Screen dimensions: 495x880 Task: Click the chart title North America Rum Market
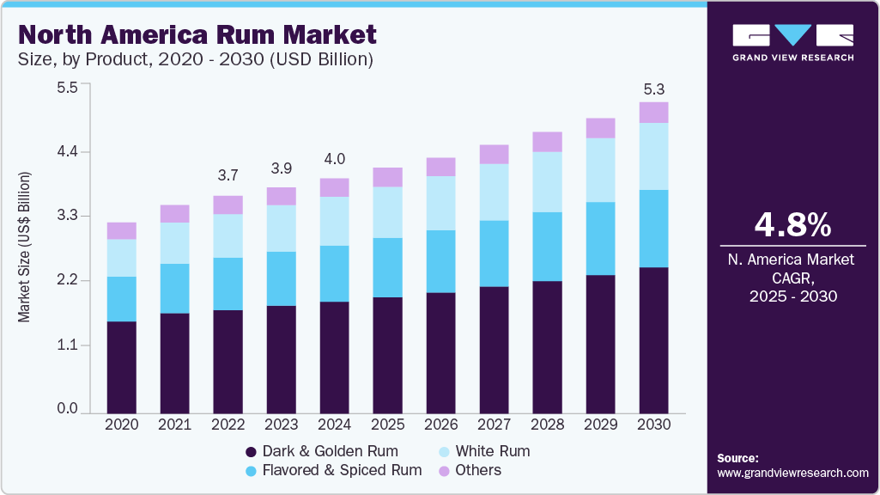[197, 35]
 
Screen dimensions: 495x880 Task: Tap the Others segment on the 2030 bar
[654, 113]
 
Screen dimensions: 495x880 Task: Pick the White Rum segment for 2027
[495, 192]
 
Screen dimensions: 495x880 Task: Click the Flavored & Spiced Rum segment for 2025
[388, 267]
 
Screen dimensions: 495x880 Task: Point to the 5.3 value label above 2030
[654, 89]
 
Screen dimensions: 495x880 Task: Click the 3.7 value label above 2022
[228, 175]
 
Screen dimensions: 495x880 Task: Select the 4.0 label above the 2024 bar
[335, 159]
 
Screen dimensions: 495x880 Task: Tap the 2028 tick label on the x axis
[548, 425]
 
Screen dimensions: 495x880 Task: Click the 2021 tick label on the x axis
[175, 425]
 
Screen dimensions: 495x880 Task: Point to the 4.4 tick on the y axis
[67, 152]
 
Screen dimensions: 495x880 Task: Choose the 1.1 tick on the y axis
[67, 345]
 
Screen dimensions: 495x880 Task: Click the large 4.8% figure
[792, 225]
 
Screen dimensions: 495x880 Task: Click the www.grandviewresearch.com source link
[792, 473]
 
